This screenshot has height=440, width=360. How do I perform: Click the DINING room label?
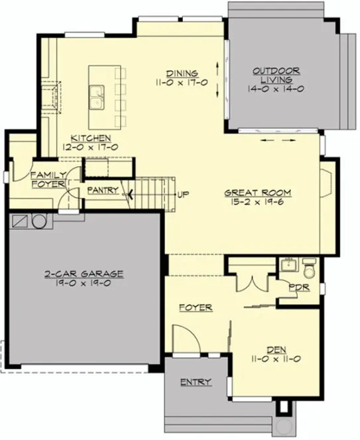[179, 74]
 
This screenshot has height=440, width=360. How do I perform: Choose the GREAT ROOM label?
[257, 193]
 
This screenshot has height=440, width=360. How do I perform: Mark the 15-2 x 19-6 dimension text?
[257, 202]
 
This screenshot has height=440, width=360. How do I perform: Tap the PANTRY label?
[103, 191]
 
